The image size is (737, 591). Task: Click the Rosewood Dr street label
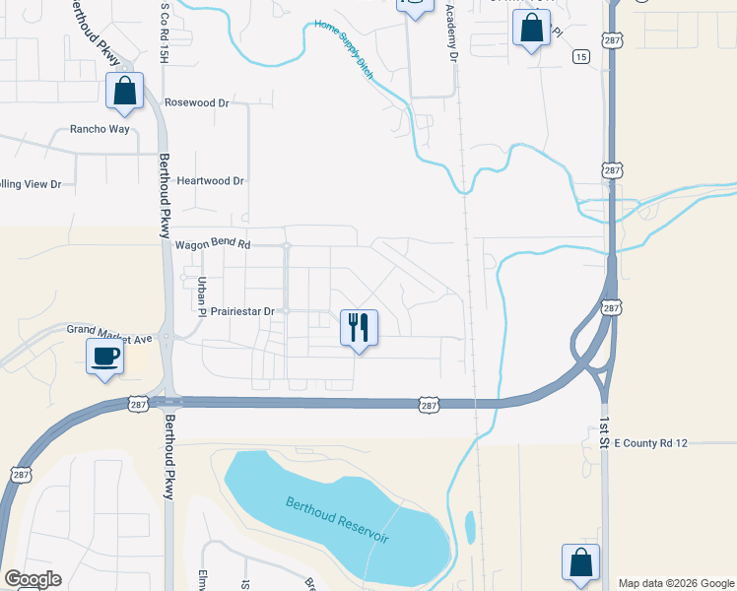[196, 102]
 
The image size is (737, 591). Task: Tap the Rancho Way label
[99, 129]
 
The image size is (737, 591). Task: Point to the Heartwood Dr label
[210, 181]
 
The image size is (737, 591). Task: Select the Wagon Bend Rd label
[213, 244]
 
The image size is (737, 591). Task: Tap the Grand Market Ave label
[109, 332]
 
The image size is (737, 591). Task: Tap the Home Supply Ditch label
[345, 52]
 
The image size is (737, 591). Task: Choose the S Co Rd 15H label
[166, 30]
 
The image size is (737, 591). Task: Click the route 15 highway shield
[581, 57]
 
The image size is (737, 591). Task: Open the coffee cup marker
[104, 356]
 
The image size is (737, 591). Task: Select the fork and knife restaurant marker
[359, 326]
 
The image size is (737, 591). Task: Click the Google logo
[33, 579]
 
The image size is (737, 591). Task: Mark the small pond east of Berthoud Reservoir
[469, 526]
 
